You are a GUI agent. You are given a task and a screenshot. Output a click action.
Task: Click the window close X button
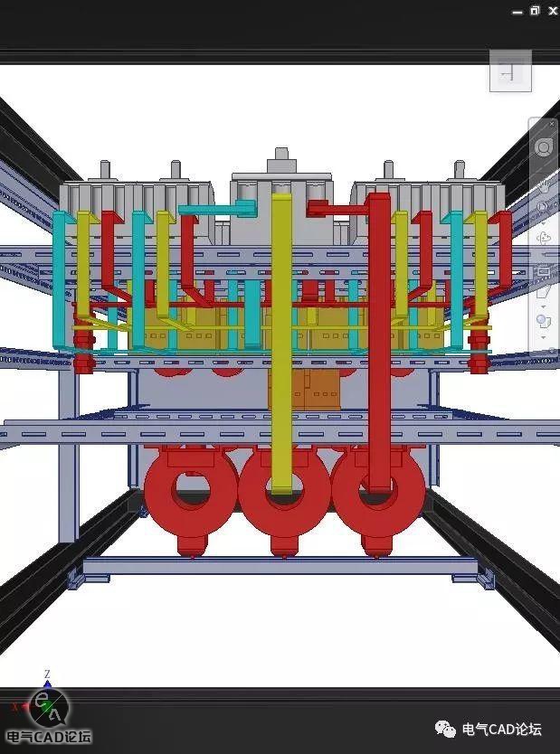(x=552, y=11)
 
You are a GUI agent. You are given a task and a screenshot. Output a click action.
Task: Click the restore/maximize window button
(x=535, y=11)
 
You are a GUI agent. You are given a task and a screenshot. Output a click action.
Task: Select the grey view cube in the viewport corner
(x=510, y=71)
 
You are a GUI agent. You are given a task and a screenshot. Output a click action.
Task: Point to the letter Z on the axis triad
(x=47, y=674)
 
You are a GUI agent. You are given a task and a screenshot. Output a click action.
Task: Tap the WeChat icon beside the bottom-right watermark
(x=445, y=729)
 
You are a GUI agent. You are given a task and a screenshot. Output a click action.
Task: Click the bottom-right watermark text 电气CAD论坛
(x=501, y=730)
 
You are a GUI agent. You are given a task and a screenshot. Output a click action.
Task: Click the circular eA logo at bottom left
(x=48, y=708)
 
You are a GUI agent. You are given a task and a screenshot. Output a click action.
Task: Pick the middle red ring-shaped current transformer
(x=284, y=495)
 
